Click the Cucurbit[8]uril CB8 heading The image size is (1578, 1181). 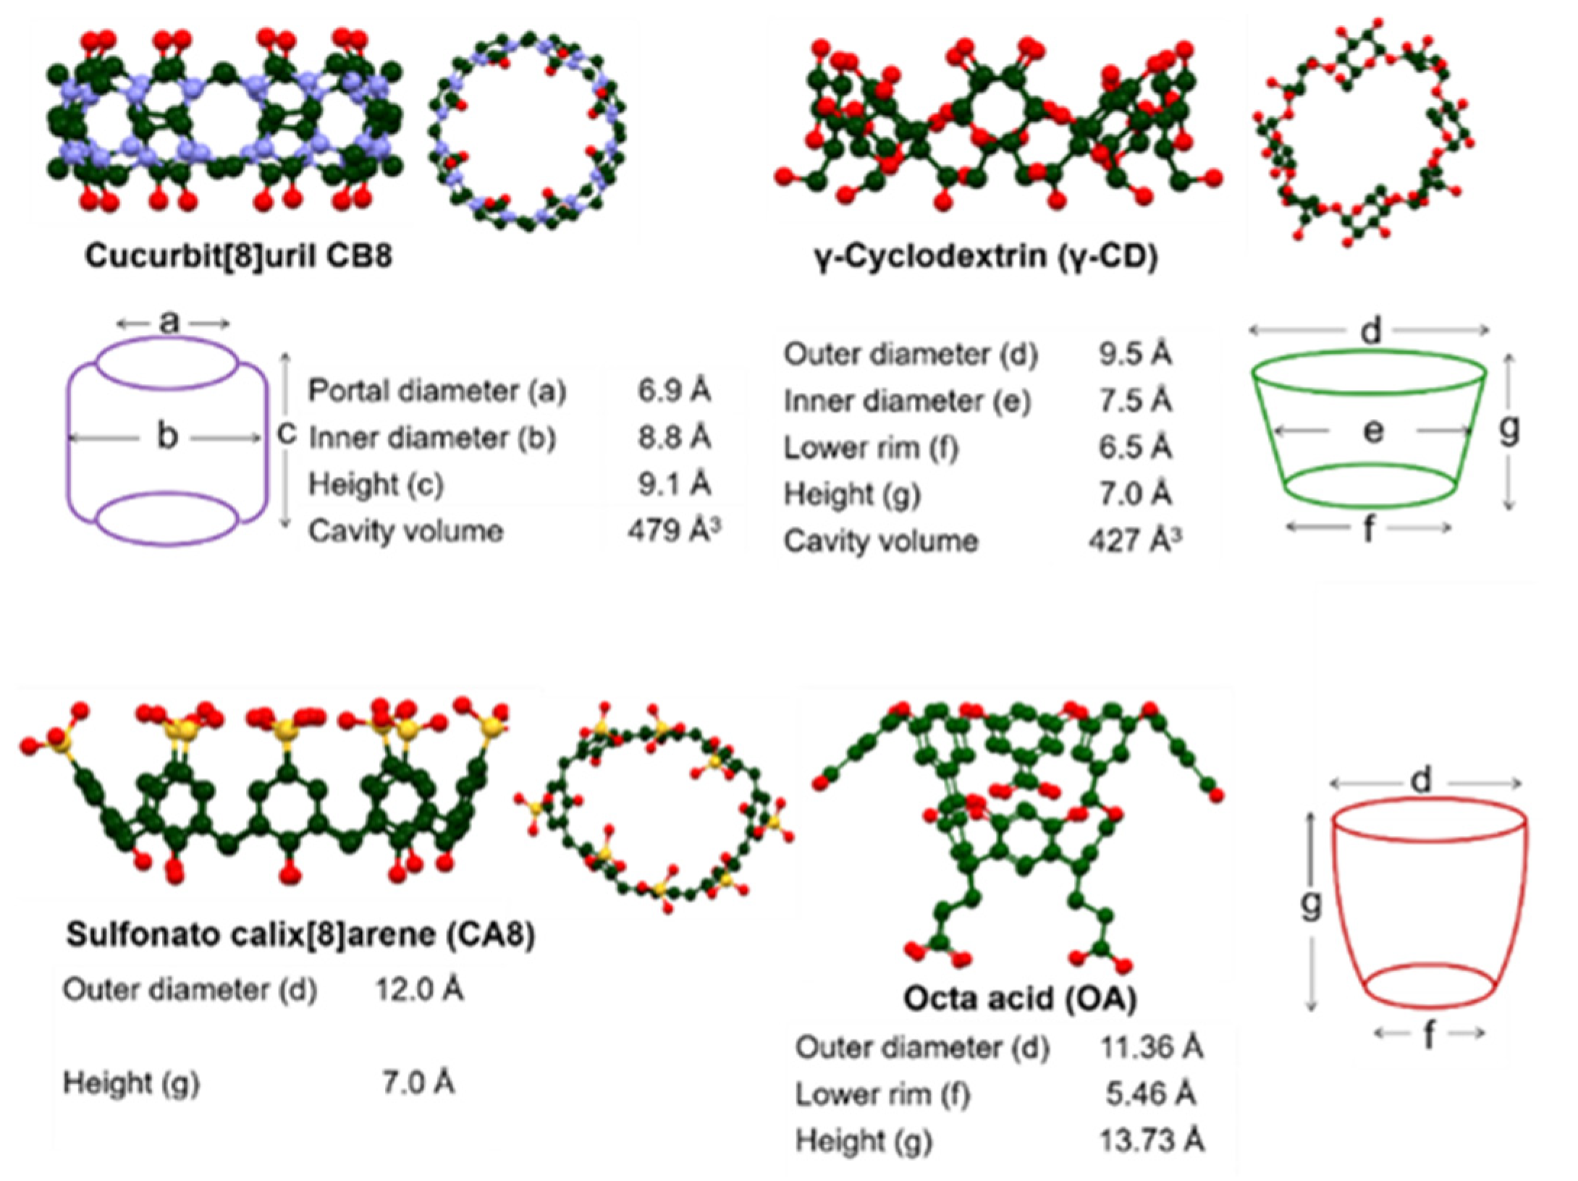tap(238, 256)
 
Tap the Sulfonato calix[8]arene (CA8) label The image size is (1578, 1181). tap(300, 934)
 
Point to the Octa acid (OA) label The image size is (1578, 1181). tap(1020, 998)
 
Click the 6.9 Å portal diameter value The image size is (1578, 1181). tap(674, 390)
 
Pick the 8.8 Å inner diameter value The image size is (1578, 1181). tap(674, 437)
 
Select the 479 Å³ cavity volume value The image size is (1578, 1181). tap(674, 530)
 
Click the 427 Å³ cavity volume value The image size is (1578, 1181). tap(1134, 541)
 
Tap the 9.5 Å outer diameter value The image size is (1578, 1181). tap(1134, 354)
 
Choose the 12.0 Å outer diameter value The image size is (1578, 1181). tap(418, 989)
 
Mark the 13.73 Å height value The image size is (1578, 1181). tap(1152, 1140)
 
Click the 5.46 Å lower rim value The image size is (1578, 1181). tap(1151, 1094)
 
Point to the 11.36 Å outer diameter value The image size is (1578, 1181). tap(1152, 1047)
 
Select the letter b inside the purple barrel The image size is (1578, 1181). tap(167, 436)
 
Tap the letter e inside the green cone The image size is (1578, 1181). tap(1372, 431)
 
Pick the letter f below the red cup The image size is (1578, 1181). tap(1429, 1036)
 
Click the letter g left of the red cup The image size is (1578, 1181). tap(1311, 904)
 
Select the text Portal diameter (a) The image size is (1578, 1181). tap(436, 391)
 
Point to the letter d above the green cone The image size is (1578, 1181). tap(1370, 331)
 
